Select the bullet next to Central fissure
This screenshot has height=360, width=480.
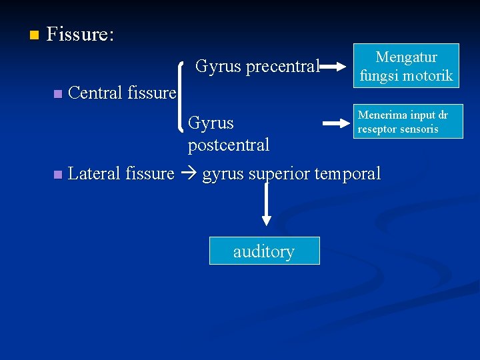(x=57, y=93)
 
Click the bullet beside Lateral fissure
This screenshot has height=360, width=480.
(x=57, y=175)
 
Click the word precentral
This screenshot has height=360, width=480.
(x=283, y=66)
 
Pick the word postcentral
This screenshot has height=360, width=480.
(x=229, y=145)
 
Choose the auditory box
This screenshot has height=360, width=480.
(x=264, y=251)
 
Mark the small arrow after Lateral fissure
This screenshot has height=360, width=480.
(x=188, y=174)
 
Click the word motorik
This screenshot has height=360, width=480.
(x=427, y=76)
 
